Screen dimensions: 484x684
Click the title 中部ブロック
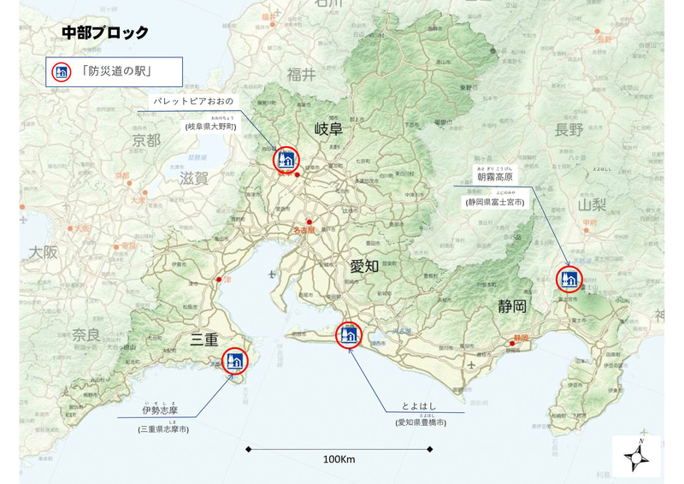pos(105,33)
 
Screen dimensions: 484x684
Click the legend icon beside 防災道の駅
pos(62,71)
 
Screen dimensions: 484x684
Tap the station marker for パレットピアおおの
pos(286,159)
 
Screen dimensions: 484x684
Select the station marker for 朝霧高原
pos(569,278)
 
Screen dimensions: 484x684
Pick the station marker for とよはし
pos(349,334)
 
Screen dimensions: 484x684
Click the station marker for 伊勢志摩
pos(234,361)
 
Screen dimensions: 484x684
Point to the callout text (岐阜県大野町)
pos(209,126)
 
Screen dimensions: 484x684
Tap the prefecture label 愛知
pos(364,266)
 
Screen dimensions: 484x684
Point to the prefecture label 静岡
pos(511,305)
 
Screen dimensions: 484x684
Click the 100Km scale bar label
pos(339,459)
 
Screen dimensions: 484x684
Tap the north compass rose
pos(636,457)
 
